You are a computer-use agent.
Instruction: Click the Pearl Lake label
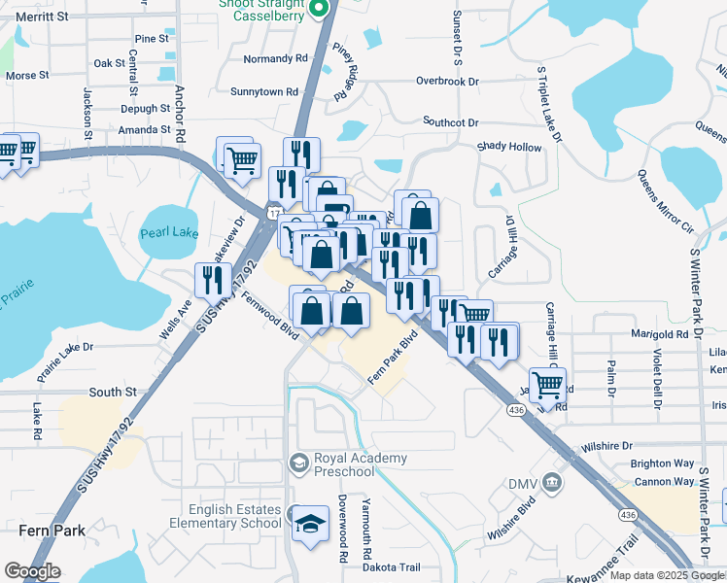click(169, 234)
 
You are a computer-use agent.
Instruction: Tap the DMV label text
click(522, 483)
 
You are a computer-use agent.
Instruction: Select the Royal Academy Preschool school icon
click(298, 460)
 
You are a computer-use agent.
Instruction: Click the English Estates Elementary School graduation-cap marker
click(311, 524)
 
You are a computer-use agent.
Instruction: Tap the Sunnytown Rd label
click(263, 91)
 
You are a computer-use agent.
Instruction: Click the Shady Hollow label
click(508, 147)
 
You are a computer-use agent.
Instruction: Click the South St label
click(113, 392)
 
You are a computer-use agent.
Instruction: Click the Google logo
click(32, 571)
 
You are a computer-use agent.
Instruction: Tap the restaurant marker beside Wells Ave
click(213, 281)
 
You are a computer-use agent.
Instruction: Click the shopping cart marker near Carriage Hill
click(547, 384)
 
